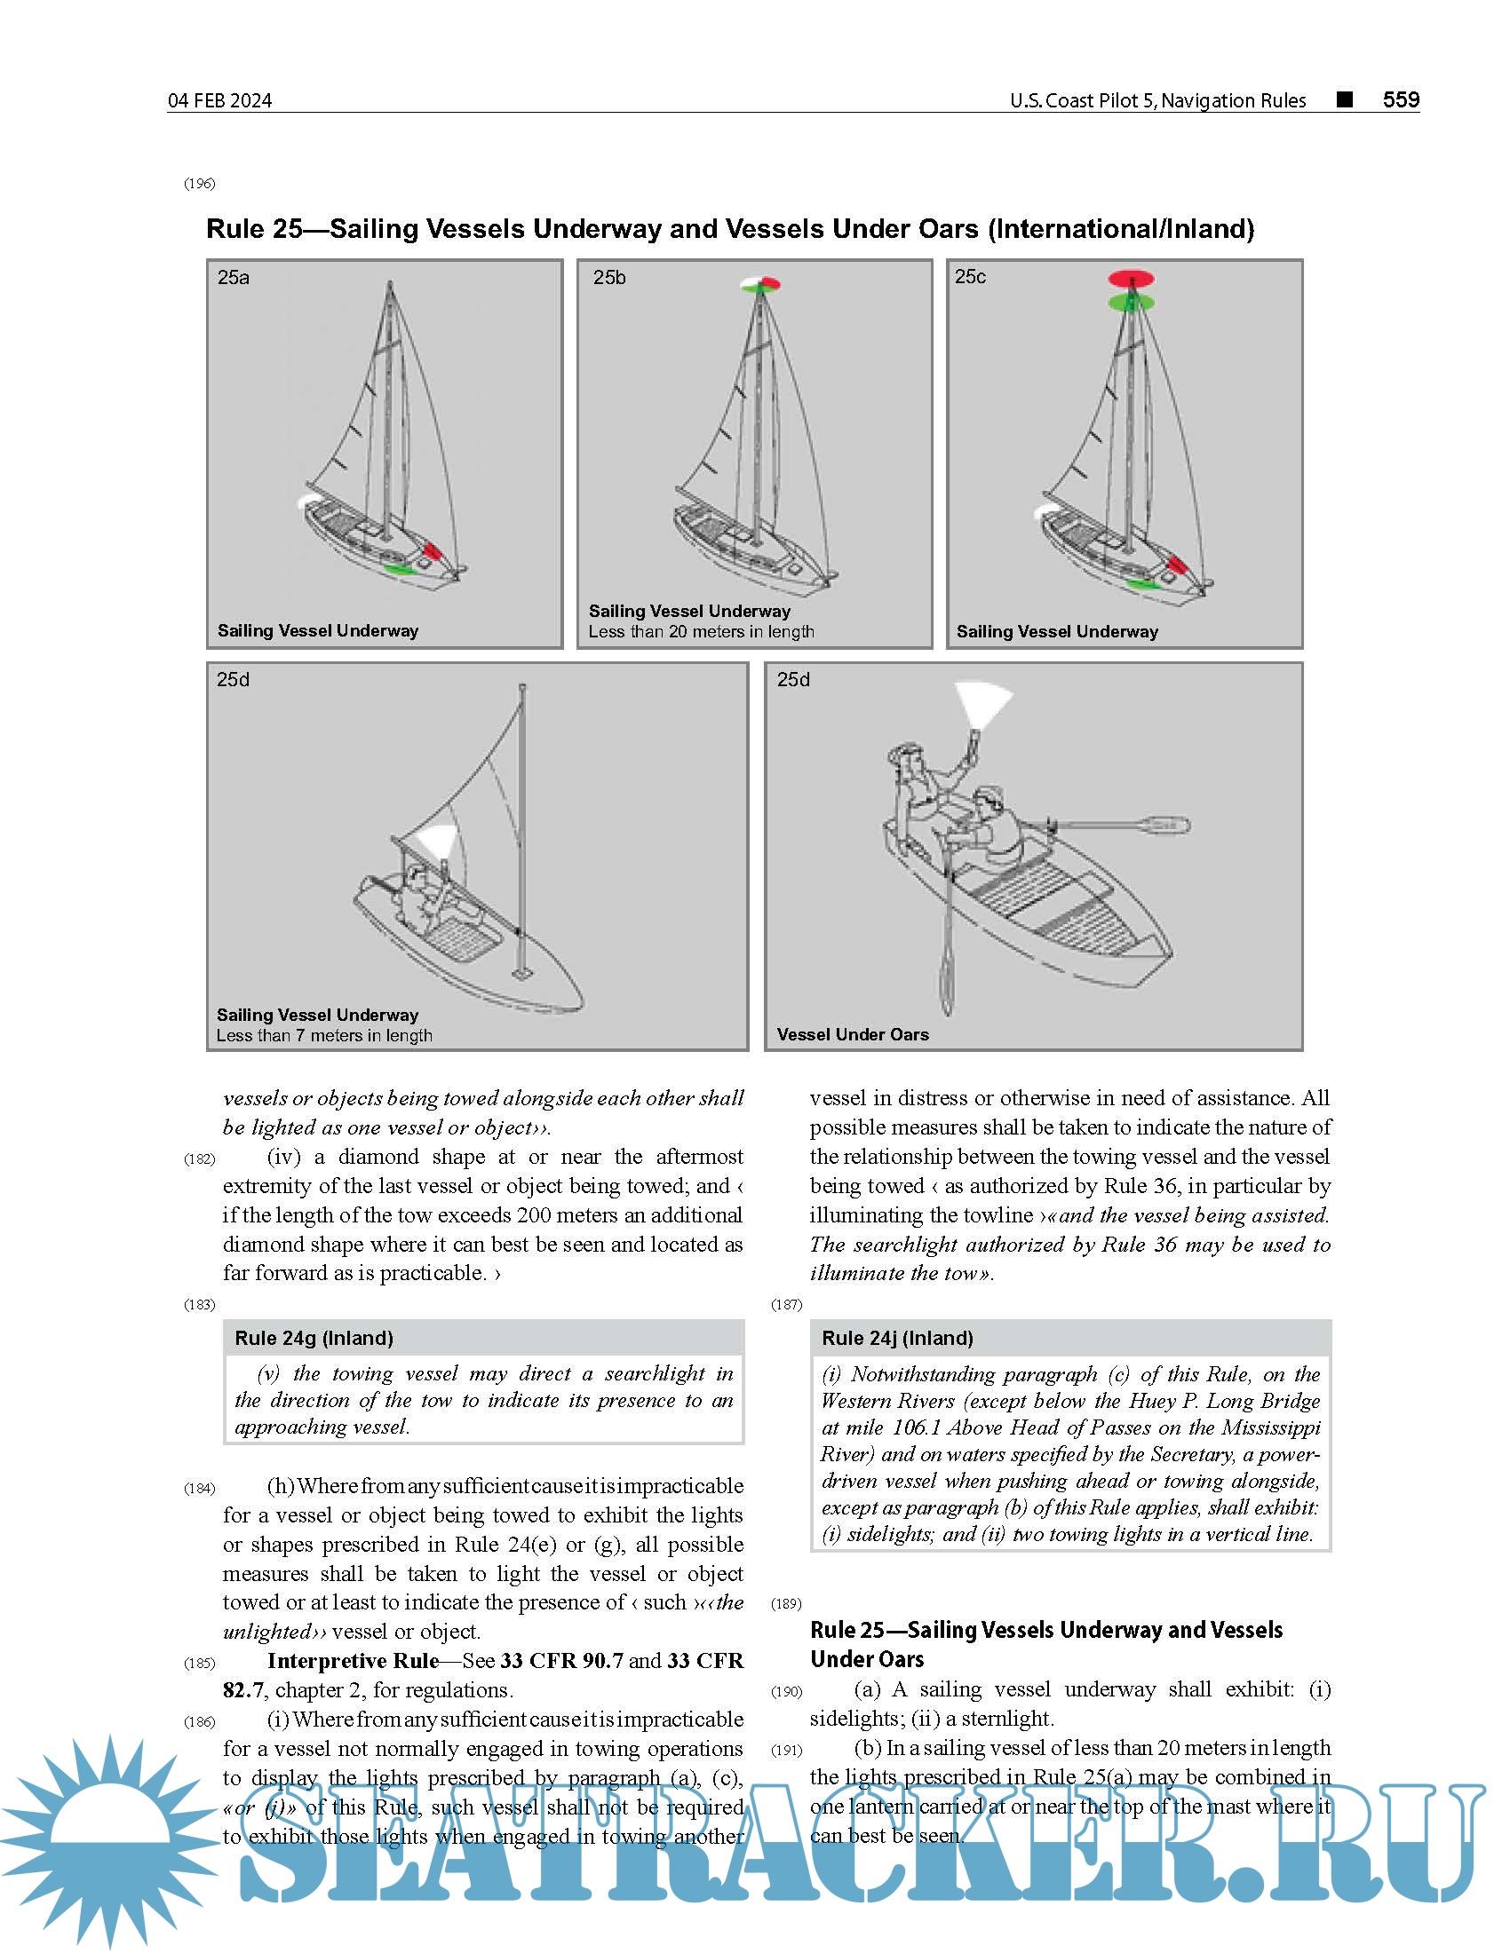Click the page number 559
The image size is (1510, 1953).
click(x=1400, y=99)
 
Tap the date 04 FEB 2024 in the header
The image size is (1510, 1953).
click(x=220, y=100)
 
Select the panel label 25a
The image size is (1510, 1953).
click(x=234, y=277)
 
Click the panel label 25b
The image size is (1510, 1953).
click(x=609, y=277)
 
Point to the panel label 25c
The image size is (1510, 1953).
click(x=970, y=276)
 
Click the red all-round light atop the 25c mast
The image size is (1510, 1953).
click(x=1131, y=279)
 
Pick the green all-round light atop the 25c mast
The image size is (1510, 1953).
click(x=1131, y=303)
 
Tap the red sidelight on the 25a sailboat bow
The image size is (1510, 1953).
click(x=432, y=550)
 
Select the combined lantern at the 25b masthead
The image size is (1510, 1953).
click(x=760, y=284)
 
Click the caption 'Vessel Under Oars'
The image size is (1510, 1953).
click(x=853, y=1034)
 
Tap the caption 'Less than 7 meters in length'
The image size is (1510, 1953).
click(x=324, y=1035)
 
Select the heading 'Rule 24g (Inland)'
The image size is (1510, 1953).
click(x=313, y=1338)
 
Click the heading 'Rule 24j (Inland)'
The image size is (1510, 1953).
click(x=897, y=1338)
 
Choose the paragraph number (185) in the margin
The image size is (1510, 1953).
click(x=200, y=1664)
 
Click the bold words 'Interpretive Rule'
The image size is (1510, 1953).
click(x=353, y=1661)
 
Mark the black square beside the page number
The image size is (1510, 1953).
click(x=1344, y=99)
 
